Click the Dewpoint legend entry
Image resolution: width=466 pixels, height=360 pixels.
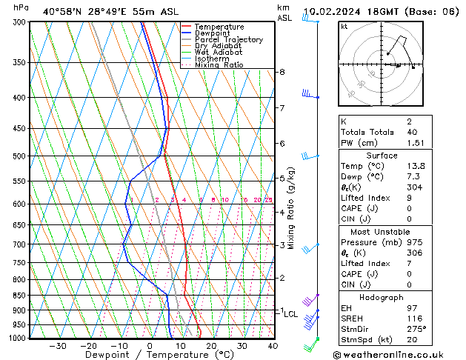211,33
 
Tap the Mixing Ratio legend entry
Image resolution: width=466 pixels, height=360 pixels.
219,65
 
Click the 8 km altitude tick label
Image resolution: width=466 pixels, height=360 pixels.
282,72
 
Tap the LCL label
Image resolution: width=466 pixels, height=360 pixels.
290,314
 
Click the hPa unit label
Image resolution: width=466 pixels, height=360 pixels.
21,7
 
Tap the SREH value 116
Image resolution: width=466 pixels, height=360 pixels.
413,319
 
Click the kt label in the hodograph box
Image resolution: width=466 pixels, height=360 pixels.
344,27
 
